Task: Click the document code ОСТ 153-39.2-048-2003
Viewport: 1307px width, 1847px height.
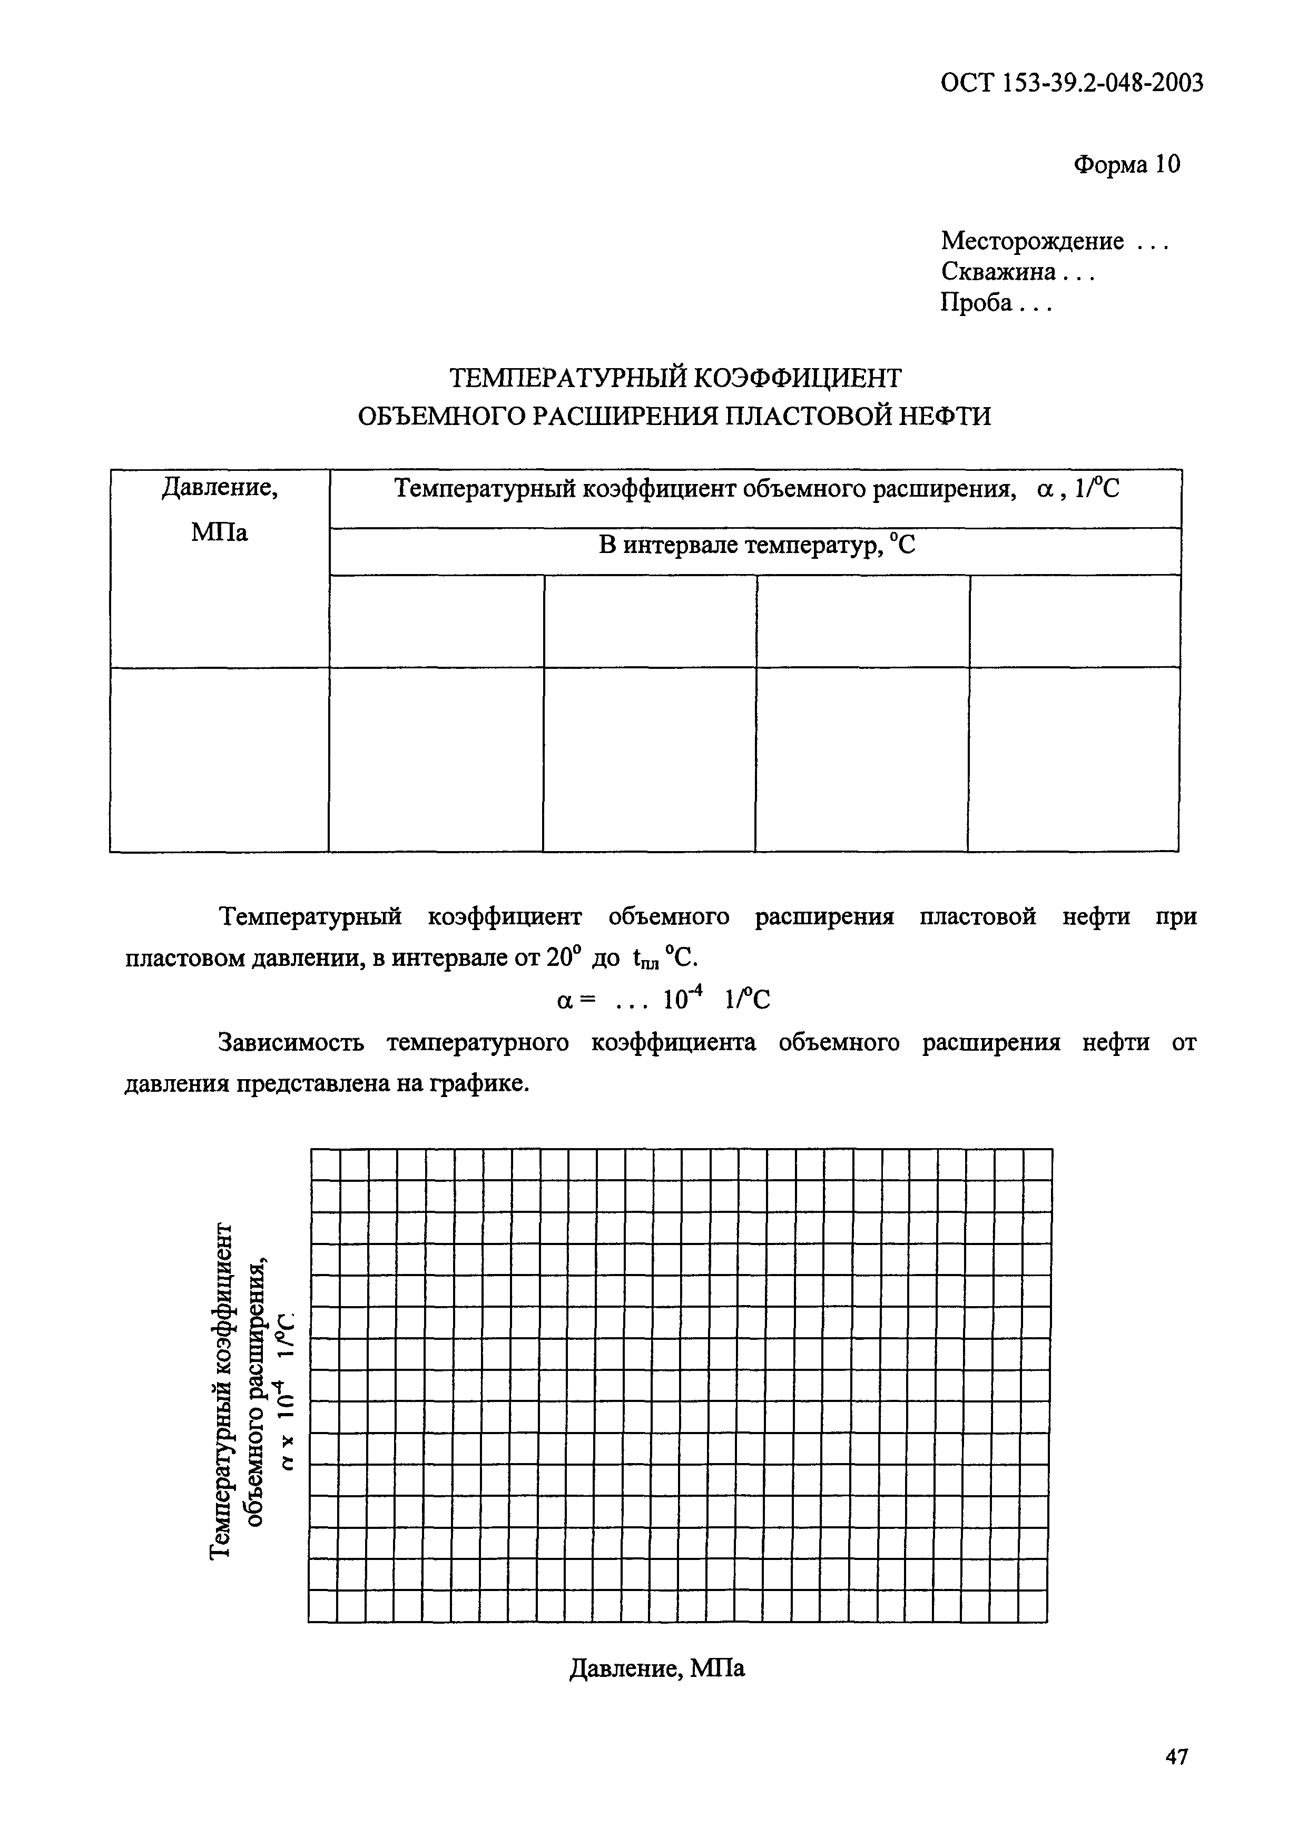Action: coord(1072,83)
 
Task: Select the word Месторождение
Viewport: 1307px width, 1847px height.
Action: coord(1032,241)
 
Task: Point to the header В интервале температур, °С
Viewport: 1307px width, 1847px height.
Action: coord(756,546)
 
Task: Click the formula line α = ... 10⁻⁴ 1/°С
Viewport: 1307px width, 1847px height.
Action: coord(663,999)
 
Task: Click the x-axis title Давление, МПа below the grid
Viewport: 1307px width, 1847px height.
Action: coord(657,1668)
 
